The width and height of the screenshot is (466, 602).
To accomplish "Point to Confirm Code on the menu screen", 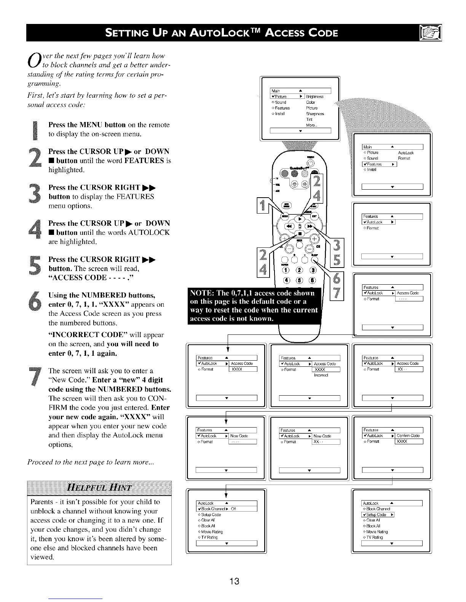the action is pos(408,436).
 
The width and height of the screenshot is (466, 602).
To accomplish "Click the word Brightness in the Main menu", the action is pos(315,97).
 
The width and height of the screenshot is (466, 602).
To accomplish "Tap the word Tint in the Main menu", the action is pos(309,119).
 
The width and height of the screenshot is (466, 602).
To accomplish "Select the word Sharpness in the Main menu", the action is pos(315,114).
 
